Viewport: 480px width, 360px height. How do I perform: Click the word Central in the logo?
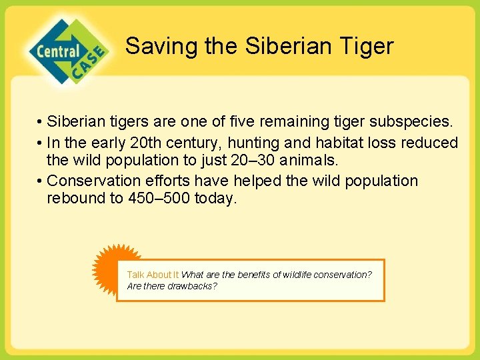tap(58, 51)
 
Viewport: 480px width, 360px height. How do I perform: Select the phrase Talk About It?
tap(153, 275)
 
